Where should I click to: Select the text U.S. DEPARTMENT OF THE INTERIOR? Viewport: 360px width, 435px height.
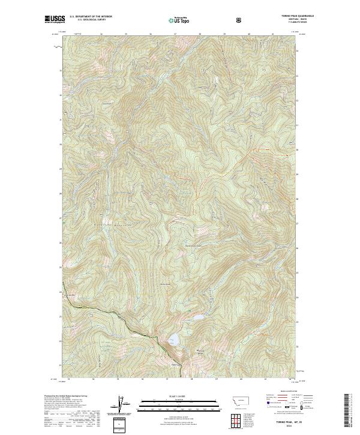tap(91, 17)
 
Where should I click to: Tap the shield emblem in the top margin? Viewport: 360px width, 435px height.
tap(241, 20)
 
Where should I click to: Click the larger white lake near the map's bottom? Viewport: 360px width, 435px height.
tap(173, 341)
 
